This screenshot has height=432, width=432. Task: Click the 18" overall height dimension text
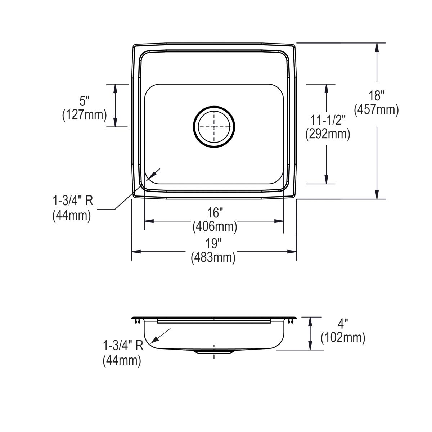377,96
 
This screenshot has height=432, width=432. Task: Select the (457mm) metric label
377,109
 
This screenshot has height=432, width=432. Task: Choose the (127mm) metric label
85,114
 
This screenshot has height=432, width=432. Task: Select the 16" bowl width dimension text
215,212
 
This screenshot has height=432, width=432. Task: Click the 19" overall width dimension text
213,244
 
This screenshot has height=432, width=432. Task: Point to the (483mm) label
213,257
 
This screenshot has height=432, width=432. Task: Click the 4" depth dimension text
343,323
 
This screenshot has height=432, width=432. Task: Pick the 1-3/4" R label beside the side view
123,346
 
